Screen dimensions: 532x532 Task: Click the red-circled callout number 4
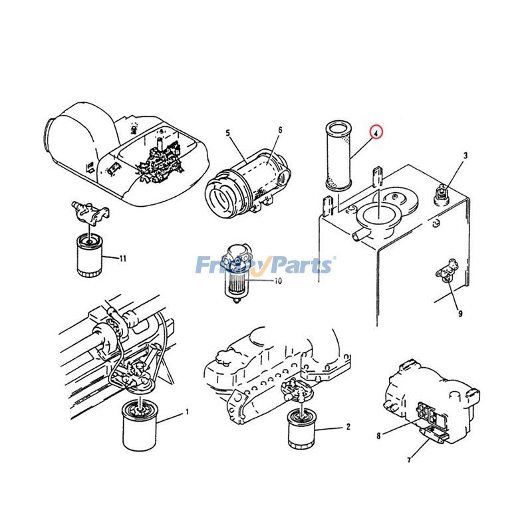click(x=377, y=132)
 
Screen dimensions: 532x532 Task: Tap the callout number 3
click(x=465, y=156)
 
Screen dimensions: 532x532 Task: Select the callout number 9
click(x=460, y=312)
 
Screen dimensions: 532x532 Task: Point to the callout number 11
click(x=123, y=258)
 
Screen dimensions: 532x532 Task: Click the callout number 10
click(x=278, y=281)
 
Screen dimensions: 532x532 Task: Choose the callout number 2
click(x=348, y=428)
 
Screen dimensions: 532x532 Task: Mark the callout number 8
click(x=378, y=436)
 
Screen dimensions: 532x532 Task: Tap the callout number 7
click(x=410, y=459)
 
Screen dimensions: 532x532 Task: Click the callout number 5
click(x=228, y=133)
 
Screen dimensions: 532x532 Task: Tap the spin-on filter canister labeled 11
click(x=87, y=255)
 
